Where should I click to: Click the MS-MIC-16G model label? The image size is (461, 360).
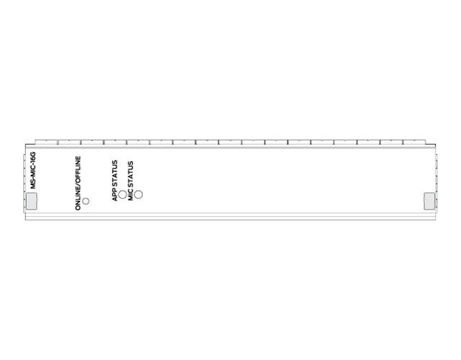[33, 170]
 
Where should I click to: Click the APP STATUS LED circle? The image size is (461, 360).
[122, 194]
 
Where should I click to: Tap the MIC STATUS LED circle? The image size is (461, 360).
[138, 194]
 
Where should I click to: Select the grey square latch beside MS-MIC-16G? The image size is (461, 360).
[32, 202]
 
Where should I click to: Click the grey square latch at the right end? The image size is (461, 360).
[429, 202]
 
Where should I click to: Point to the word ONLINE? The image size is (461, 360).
[78, 199]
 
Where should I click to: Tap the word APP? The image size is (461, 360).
[115, 195]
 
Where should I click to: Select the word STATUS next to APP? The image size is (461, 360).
[115, 174]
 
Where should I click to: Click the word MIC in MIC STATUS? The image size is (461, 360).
[130, 195]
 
